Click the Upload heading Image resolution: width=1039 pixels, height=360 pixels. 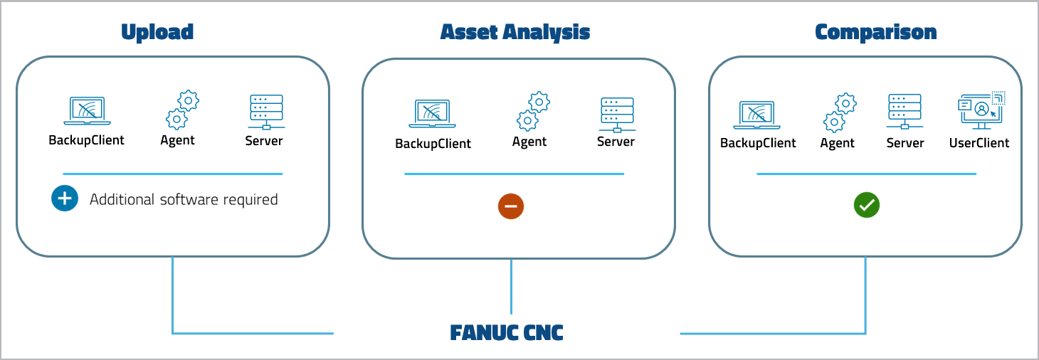click(x=157, y=32)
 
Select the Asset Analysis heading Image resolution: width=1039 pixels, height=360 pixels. click(x=515, y=32)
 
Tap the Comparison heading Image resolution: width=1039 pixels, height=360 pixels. click(x=875, y=32)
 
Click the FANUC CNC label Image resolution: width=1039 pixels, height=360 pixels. click(x=507, y=332)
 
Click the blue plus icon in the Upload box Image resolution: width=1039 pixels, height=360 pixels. click(x=64, y=198)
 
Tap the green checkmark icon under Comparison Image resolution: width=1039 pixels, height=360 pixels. click(x=867, y=205)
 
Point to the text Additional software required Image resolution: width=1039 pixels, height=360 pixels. click(x=184, y=199)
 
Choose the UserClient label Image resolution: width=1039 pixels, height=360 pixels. click(x=979, y=143)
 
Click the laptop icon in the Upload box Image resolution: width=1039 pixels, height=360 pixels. click(x=86, y=111)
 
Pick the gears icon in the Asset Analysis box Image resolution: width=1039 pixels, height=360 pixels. click(x=532, y=112)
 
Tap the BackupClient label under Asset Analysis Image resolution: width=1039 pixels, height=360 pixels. click(x=433, y=144)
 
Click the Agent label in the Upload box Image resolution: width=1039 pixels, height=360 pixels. click(x=177, y=140)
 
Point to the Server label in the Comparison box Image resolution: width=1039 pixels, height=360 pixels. click(x=904, y=143)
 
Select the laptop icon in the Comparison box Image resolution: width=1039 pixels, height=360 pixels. click(x=758, y=114)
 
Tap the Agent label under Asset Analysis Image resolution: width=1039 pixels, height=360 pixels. click(x=529, y=142)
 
